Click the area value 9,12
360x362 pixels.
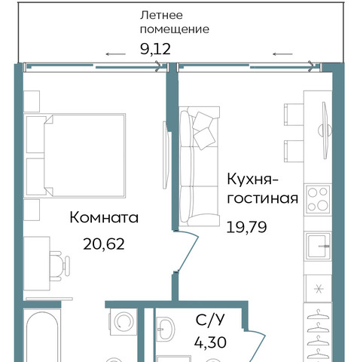[x=155, y=49]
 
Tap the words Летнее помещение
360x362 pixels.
[x=175, y=23]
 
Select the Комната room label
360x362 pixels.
[x=104, y=217]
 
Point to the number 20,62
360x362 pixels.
[x=104, y=244]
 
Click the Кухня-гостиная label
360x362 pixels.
[x=263, y=189]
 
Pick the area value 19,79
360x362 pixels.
[x=246, y=227]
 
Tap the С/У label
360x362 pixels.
[x=210, y=321]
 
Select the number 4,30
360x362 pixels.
[x=210, y=342]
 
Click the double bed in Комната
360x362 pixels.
[x=75, y=155]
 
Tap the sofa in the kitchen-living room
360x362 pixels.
[x=199, y=166]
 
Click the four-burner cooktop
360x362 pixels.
[x=318, y=199]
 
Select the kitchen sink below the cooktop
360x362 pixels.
[x=319, y=246]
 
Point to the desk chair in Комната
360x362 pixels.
[x=59, y=266]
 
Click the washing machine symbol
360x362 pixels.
[x=124, y=321]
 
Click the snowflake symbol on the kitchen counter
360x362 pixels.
[x=319, y=289]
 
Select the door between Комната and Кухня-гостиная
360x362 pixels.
[x=186, y=250]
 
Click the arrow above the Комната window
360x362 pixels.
[x=115, y=54]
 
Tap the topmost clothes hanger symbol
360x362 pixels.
[x=318, y=314]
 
